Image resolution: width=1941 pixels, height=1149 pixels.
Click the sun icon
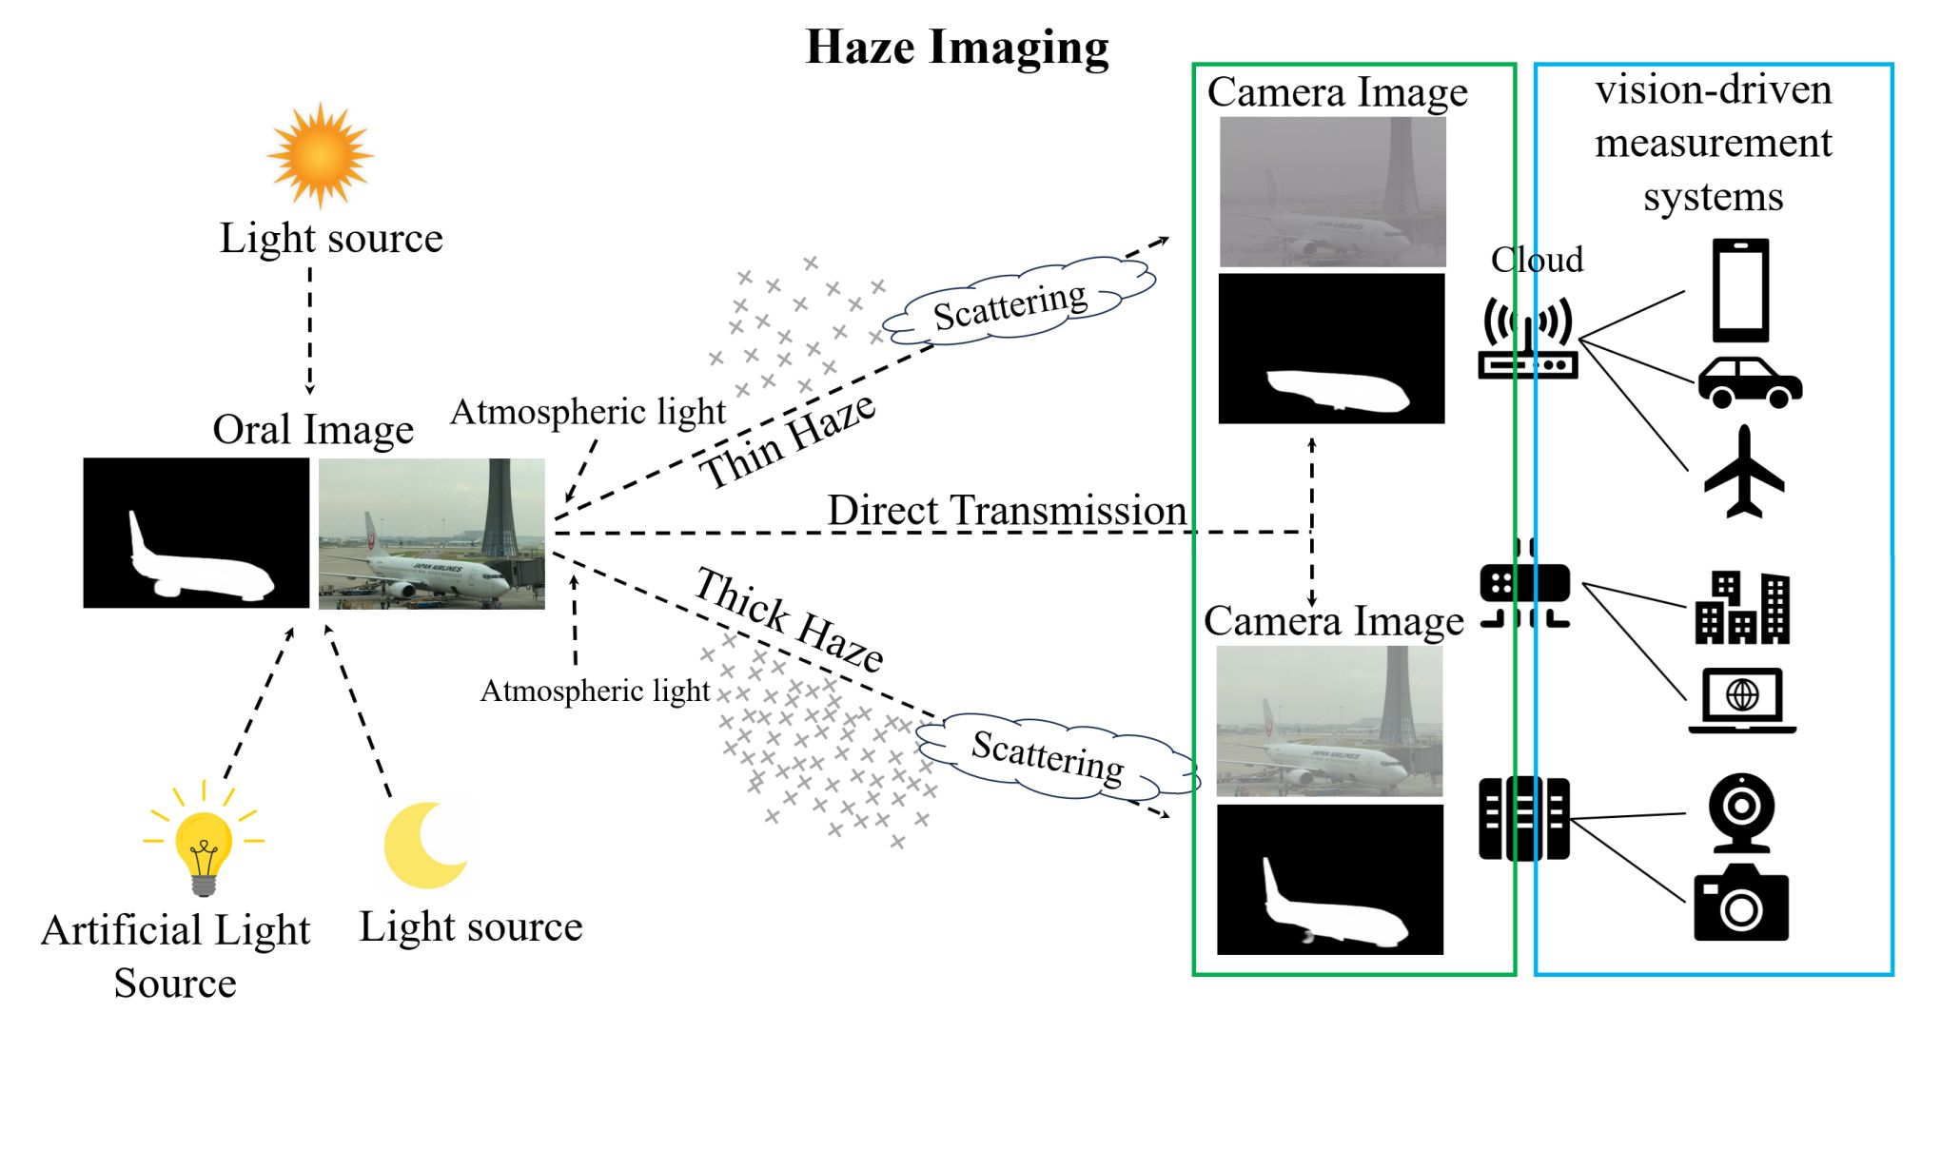(x=320, y=154)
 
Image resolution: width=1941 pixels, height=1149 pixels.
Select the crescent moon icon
(x=424, y=846)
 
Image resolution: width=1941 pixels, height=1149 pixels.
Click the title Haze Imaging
(x=957, y=47)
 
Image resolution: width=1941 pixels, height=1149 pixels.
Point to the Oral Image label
(x=313, y=430)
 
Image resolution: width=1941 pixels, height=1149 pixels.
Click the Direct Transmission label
(x=1007, y=511)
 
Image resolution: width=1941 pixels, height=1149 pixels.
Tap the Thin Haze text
(x=787, y=441)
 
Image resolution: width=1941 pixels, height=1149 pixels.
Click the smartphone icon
(x=1740, y=290)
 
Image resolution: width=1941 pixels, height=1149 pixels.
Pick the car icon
(x=1750, y=383)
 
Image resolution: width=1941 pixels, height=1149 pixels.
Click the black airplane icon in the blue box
(x=1744, y=473)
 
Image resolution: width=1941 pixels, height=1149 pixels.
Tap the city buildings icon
(x=1742, y=608)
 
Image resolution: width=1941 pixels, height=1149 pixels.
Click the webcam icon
(x=1740, y=811)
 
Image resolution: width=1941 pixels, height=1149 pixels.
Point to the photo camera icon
(x=1740, y=904)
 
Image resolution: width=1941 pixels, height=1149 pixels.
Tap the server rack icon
(x=1523, y=818)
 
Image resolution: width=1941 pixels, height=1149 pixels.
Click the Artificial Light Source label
(x=176, y=956)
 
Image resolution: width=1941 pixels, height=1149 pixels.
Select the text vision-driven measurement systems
(x=1713, y=144)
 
